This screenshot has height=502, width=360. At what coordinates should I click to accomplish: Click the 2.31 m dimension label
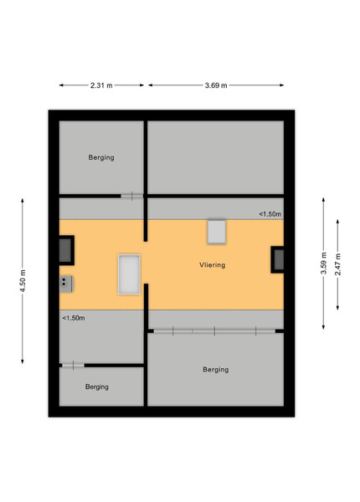[x=101, y=85]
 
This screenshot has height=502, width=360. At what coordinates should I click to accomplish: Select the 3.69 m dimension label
[x=216, y=85]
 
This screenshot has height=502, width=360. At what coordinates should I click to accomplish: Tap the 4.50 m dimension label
[x=23, y=281]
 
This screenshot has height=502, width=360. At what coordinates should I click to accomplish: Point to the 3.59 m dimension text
[x=324, y=264]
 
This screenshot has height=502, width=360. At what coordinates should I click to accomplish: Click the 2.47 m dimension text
[x=338, y=264]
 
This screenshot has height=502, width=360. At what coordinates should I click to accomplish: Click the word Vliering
[x=213, y=265]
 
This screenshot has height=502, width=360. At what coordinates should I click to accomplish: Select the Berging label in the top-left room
[x=101, y=157]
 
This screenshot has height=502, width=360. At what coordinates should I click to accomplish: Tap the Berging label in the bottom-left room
[x=97, y=387]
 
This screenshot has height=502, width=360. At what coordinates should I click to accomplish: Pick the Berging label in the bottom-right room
[x=215, y=370]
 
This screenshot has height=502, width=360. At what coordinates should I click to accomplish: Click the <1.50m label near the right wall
[x=270, y=214]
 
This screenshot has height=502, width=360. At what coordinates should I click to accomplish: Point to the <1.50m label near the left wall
[x=74, y=318]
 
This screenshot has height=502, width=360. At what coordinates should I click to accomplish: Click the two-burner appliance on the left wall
[x=65, y=284]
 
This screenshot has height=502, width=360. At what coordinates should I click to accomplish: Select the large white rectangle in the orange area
[x=129, y=274]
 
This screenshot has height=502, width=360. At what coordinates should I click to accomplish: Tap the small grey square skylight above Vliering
[x=217, y=232]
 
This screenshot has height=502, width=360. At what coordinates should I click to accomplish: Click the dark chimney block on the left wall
[x=66, y=250]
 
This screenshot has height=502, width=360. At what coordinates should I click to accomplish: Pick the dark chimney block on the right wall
[x=277, y=259]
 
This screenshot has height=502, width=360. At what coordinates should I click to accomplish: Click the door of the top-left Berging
[x=132, y=196]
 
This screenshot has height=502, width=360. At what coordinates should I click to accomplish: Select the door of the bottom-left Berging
[x=73, y=366]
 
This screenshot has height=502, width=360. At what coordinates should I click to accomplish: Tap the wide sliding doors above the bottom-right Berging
[x=214, y=331]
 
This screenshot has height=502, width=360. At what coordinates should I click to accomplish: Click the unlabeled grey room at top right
[x=215, y=157]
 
